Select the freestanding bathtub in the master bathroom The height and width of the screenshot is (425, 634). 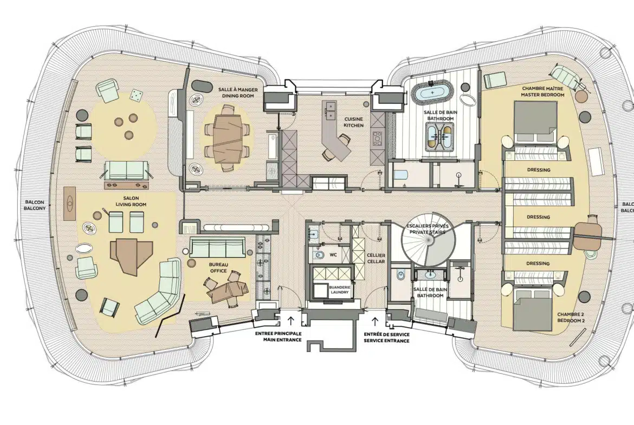coord(432,93)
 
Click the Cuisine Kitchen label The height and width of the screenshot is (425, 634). coord(353,122)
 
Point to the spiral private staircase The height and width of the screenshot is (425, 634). coord(428,241)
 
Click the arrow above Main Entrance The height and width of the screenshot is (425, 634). coord(290,321)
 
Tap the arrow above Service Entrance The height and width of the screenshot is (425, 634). coord(375,321)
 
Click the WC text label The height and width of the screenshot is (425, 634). coord(333,255)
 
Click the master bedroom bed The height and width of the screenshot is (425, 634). coord(535,122)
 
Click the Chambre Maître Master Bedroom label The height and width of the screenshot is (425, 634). coord(542,91)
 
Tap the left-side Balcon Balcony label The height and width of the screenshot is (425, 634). coord(34,205)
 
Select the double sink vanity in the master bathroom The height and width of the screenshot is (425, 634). coord(441,136)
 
